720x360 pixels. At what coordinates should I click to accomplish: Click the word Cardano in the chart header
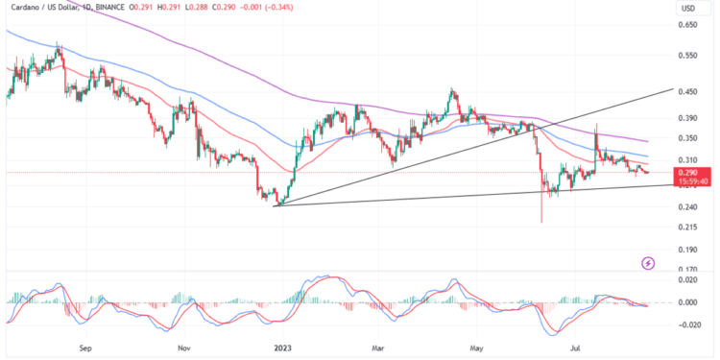(x=23, y=8)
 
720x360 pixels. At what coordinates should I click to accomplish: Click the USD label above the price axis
(x=687, y=9)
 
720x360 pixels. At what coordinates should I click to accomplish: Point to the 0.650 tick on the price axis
(x=688, y=25)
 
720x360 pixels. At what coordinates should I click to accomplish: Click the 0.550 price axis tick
(x=688, y=56)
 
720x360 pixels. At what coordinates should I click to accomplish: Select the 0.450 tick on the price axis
(x=688, y=93)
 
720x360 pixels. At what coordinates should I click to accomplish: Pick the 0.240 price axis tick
(x=688, y=207)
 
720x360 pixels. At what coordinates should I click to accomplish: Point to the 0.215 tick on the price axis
(x=688, y=227)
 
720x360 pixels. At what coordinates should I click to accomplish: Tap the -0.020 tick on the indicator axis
(x=689, y=324)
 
